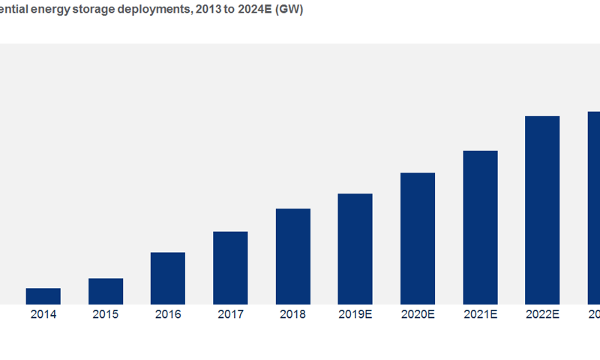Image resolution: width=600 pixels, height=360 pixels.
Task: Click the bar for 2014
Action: point(43,295)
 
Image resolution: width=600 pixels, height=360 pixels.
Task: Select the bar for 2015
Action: point(106,291)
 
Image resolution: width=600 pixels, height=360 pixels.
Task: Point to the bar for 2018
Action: point(292,256)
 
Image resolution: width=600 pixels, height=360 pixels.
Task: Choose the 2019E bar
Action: point(355,248)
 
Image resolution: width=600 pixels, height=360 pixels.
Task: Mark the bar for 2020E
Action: point(418,238)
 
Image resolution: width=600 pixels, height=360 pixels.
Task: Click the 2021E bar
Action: point(480,226)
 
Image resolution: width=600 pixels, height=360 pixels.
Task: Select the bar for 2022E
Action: point(542,209)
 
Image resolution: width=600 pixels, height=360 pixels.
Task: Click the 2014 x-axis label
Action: point(43,315)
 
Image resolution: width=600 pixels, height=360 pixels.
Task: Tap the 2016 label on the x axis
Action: point(168,315)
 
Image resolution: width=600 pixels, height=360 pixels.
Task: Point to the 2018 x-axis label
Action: point(292,315)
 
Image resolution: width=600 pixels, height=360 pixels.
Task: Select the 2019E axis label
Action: point(355,315)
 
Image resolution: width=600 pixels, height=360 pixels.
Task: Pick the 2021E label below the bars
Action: point(480,315)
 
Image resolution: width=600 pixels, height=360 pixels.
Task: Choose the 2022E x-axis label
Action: point(542,315)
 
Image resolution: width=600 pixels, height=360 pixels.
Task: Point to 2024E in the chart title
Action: point(253,11)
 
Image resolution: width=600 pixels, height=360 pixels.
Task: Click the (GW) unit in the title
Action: point(289,11)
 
